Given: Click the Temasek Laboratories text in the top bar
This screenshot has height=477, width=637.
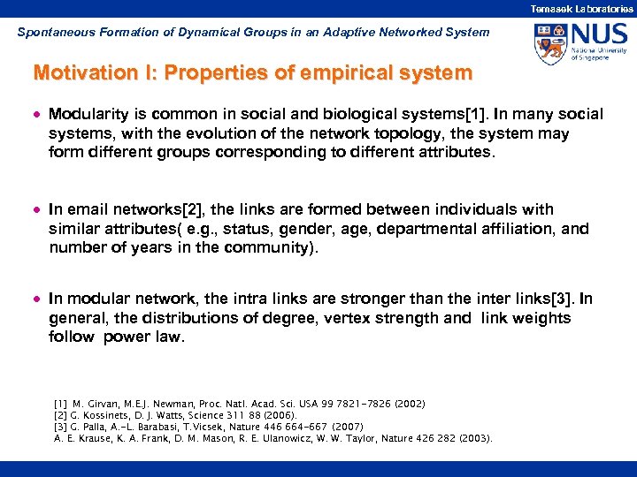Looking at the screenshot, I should [x=581, y=8].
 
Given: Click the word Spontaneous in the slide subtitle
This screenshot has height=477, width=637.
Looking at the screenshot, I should [x=50, y=32].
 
